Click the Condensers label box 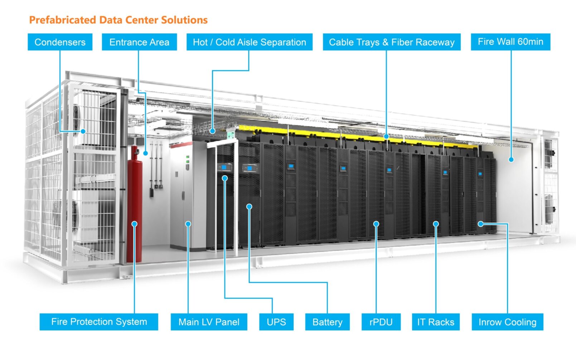coord(60,42)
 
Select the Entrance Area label coord(139,42)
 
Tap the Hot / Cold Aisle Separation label coord(250,42)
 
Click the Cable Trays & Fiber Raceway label coord(392,42)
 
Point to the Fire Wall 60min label coord(511,42)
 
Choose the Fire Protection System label coord(99,322)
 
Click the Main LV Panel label coord(209,322)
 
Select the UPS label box coord(276,322)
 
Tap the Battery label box coord(327,322)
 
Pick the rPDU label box coord(381,322)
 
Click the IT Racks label coord(436,322)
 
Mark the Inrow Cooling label coord(508,322)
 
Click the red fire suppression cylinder coord(135,204)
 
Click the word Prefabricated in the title coord(63,20)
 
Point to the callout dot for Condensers coord(83,131)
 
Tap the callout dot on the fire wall coord(511,159)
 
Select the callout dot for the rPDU coord(376,224)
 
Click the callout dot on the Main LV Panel coord(188,224)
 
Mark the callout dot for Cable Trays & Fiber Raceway coord(386,136)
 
